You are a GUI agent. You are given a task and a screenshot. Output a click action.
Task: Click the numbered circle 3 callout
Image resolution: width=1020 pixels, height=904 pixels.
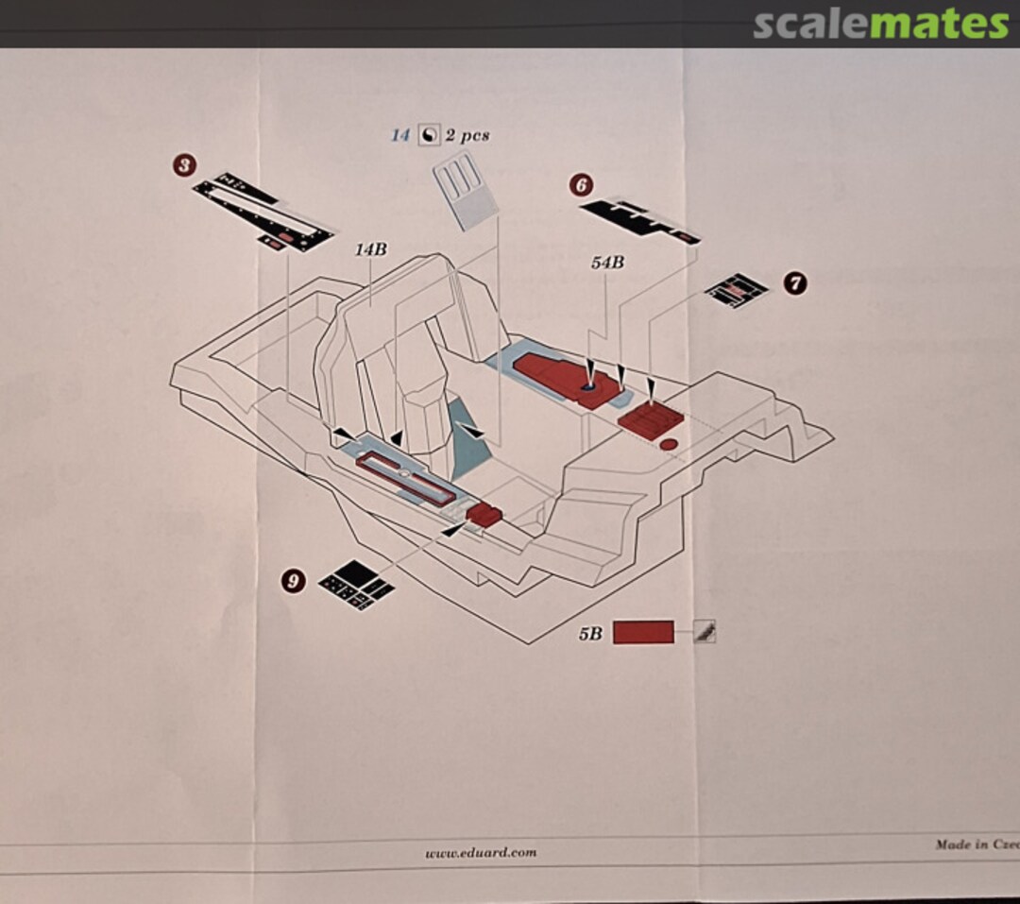coord(184,166)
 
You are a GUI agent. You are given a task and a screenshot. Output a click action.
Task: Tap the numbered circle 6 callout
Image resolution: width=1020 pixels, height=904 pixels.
coord(581,185)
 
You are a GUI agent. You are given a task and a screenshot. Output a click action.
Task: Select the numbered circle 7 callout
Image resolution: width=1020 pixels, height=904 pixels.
coord(795,282)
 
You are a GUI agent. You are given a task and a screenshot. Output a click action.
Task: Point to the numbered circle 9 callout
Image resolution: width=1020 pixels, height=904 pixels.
coord(294,581)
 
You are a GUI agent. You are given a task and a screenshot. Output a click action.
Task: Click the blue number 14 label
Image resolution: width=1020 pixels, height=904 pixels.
coord(400,135)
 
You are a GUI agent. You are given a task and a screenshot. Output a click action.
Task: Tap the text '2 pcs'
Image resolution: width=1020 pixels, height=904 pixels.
coord(467,135)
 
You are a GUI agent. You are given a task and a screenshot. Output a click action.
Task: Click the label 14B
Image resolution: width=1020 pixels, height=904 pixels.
coord(370,249)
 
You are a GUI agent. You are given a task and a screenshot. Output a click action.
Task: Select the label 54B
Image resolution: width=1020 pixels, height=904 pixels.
coord(607,263)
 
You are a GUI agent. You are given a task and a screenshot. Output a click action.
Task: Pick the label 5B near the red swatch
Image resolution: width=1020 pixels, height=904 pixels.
coord(590,634)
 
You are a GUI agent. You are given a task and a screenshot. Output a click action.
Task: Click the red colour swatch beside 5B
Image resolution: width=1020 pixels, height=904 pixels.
coord(643,632)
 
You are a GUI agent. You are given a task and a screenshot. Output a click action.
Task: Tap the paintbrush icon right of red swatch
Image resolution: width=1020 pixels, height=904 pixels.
coord(704,633)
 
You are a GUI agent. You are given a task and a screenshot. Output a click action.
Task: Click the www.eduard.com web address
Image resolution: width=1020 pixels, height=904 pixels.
coord(481,852)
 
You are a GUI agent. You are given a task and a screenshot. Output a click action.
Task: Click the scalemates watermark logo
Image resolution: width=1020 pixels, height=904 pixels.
coord(880,24)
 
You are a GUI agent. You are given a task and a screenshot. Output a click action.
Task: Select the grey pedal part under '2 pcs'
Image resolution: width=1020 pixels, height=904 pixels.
coord(465,194)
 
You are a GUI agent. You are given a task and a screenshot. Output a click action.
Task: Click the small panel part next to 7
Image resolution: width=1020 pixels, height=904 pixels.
coord(737,290)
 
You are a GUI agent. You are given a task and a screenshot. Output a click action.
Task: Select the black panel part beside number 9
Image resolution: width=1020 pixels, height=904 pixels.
coord(356,585)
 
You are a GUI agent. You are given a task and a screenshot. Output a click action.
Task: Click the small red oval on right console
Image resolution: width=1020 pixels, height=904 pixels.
coord(668,444)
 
